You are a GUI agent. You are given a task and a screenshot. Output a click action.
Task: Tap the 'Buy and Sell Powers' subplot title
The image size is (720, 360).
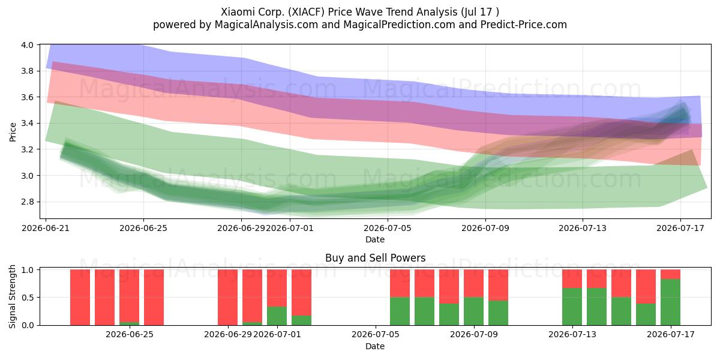click(x=375, y=258)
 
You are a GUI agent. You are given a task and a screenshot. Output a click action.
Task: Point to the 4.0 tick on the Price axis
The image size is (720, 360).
click(x=28, y=44)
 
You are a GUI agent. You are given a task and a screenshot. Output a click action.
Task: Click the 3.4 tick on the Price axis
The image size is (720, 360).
click(x=28, y=123)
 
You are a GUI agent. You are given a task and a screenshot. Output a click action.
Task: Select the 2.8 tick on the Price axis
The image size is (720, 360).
click(x=28, y=202)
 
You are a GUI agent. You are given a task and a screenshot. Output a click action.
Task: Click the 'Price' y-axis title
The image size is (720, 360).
click(x=13, y=132)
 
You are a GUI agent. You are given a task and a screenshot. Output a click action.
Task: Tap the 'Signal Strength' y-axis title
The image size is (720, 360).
click(x=12, y=296)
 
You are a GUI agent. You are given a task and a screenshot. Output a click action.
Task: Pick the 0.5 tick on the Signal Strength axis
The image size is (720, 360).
click(x=28, y=298)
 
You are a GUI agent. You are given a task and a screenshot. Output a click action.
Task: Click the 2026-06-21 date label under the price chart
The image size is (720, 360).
click(x=46, y=228)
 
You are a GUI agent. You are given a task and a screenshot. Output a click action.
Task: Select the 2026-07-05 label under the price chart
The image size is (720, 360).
click(x=388, y=228)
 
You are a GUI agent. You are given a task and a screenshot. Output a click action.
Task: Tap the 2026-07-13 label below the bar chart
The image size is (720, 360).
click(x=572, y=335)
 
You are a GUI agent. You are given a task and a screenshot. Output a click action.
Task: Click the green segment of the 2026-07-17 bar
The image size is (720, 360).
click(x=671, y=302)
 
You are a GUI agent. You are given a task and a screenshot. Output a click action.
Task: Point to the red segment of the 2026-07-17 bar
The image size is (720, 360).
click(x=671, y=274)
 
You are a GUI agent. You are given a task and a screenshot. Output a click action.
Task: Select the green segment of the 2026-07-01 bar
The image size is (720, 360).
click(x=277, y=316)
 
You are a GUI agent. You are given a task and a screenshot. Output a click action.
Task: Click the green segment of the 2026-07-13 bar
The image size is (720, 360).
click(x=572, y=307)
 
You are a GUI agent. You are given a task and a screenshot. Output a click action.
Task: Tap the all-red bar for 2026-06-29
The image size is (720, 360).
click(x=228, y=298)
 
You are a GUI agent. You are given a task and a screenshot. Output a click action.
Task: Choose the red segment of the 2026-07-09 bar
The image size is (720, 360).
click(x=474, y=283)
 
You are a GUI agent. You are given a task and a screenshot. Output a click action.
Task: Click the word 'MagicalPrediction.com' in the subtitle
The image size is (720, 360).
click(x=399, y=25)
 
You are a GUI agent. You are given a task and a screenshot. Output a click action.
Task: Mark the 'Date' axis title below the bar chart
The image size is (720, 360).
click(x=375, y=346)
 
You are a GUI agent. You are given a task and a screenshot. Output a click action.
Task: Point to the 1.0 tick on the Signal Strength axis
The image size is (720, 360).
click(x=28, y=269)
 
